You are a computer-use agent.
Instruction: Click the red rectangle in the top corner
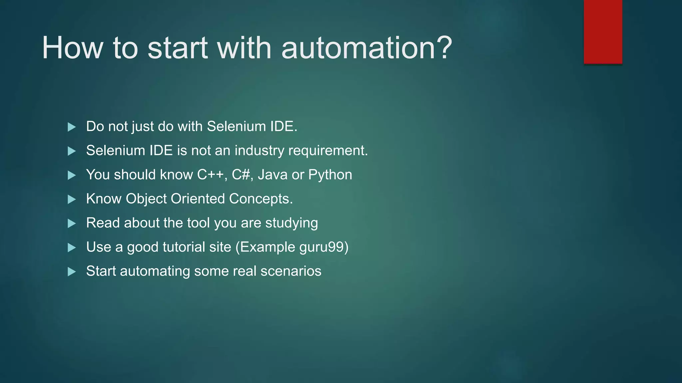[x=603, y=32]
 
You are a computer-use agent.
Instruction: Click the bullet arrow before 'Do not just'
[x=72, y=127]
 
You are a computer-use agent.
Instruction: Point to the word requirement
[x=328, y=151]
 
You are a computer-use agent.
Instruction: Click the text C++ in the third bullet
[x=210, y=175]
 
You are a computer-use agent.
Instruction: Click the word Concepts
[x=260, y=199]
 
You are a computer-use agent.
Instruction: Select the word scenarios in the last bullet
[x=291, y=271]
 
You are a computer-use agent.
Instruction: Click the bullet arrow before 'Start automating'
[x=72, y=272]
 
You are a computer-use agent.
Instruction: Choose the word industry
[x=259, y=151]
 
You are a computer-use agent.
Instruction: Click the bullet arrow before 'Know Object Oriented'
[x=72, y=199]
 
